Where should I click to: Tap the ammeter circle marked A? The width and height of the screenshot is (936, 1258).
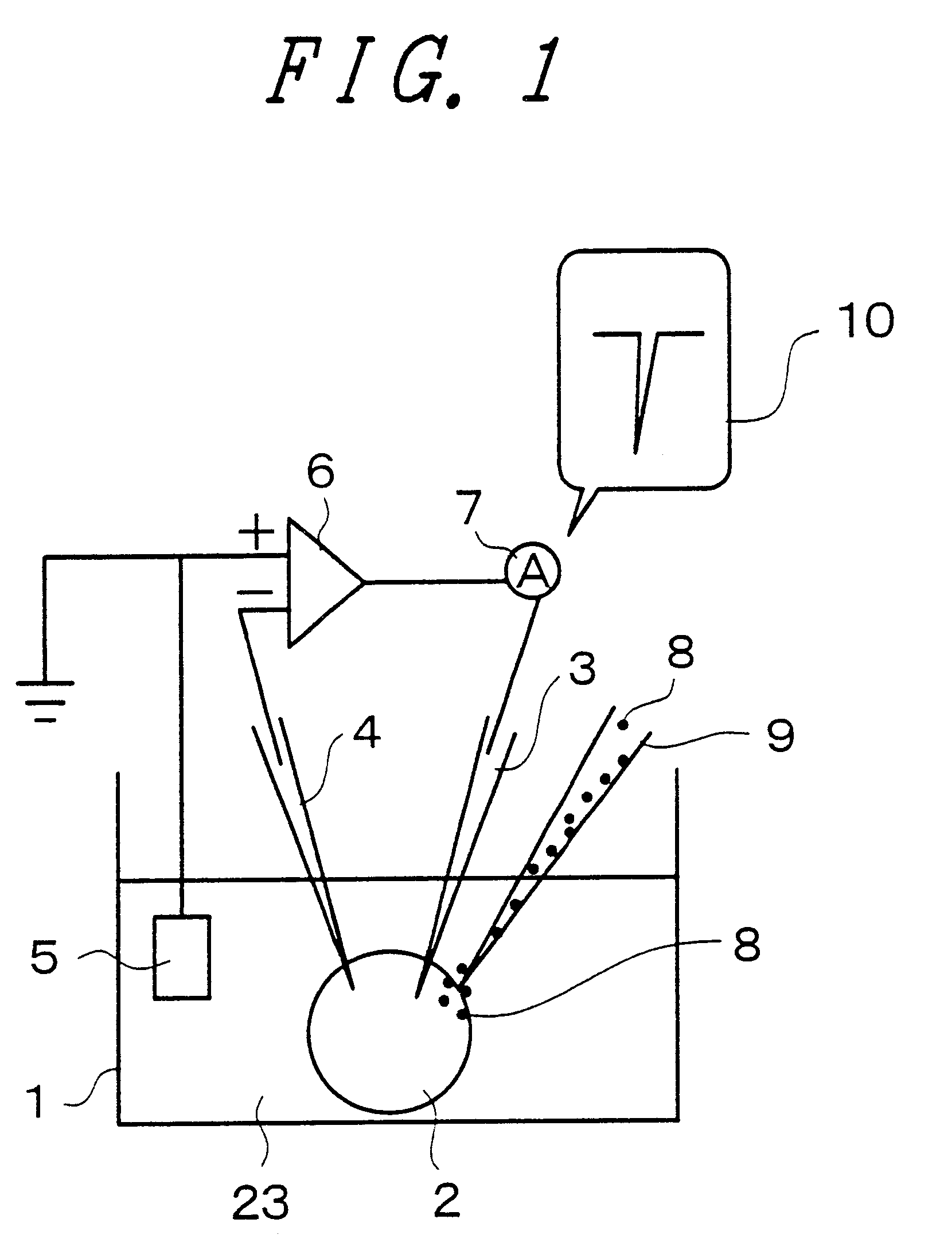(x=533, y=570)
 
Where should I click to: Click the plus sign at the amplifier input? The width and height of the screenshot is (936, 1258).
(x=256, y=536)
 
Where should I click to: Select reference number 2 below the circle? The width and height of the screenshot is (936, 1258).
(x=447, y=1199)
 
